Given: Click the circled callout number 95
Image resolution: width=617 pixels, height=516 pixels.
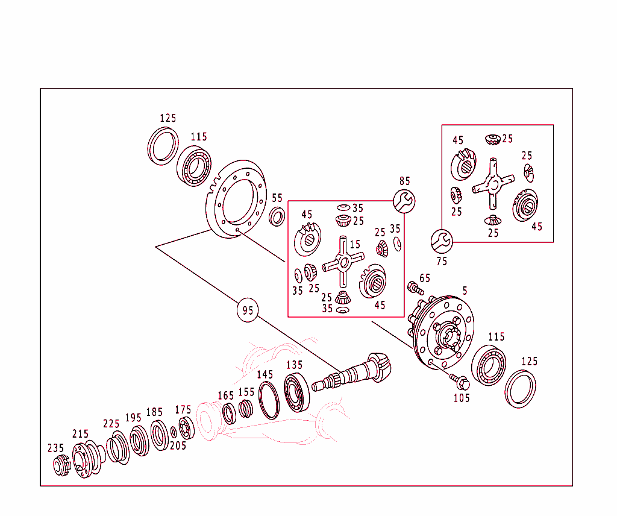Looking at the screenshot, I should (x=248, y=310).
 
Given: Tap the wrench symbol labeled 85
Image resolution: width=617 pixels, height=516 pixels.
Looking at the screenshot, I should (x=404, y=201).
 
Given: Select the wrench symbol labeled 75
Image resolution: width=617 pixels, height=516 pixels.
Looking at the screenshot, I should (x=441, y=241).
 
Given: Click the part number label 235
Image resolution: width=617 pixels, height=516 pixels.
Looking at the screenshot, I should (x=56, y=448).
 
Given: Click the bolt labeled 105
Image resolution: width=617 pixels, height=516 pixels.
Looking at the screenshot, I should (x=459, y=381).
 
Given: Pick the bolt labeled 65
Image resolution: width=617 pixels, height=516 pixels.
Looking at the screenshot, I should (x=415, y=288).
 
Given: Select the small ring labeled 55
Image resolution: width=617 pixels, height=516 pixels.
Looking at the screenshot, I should (x=277, y=216).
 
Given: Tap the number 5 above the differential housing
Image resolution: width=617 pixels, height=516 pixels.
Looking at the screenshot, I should (x=465, y=291).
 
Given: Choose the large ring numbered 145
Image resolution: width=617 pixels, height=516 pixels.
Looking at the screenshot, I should (x=269, y=401).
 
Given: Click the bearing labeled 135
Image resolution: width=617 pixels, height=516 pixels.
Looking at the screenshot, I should (x=296, y=392).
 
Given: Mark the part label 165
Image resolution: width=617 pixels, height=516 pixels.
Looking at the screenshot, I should (x=225, y=395).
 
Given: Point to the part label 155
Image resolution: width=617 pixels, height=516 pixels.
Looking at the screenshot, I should (x=246, y=391).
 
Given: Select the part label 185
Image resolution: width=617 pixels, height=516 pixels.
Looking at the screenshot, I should (x=154, y=412).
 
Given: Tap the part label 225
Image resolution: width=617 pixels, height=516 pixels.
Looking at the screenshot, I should (x=111, y=424).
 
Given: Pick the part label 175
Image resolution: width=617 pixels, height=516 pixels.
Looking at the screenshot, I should (x=183, y=410).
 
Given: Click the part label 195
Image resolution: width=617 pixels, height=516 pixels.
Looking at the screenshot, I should (x=133, y=418).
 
